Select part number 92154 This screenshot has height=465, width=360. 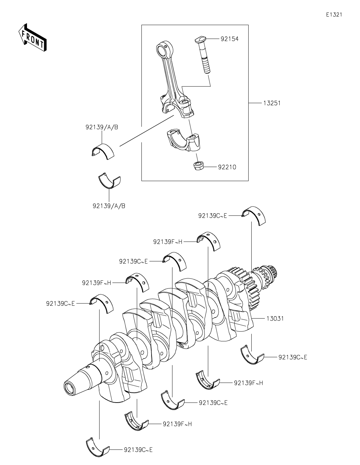(x=229, y=39)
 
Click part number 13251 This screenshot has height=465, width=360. (x=272, y=103)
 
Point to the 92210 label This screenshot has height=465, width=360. (x=227, y=167)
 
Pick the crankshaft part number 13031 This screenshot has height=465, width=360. (x=275, y=318)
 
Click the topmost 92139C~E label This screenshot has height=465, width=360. (x=213, y=215)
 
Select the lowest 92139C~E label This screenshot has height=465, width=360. (x=138, y=449)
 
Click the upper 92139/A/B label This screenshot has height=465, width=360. (x=102, y=127)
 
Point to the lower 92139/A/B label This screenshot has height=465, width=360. (x=109, y=206)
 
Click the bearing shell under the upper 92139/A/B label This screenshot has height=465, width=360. (x=103, y=151)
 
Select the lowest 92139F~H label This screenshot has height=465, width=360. (x=177, y=424)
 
